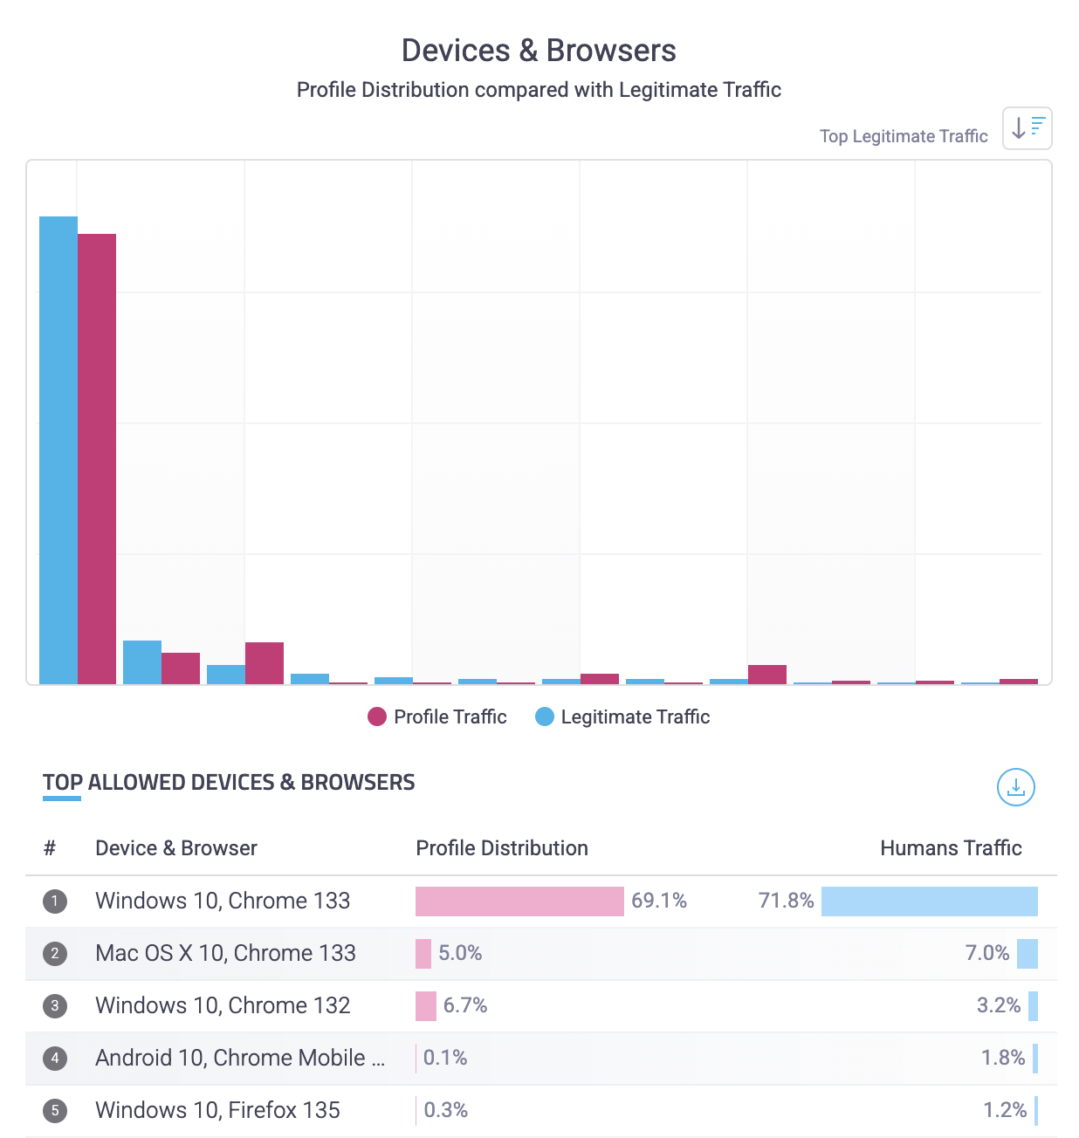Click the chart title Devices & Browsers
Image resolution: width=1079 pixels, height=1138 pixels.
pyautogui.click(x=539, y=51)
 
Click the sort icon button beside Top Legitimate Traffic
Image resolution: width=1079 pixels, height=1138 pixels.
pyautogui.click(x=1027, y=128)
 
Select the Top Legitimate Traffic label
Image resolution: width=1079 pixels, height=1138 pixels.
pyautogui.click(x=904, y=136)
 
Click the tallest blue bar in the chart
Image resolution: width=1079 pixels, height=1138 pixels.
pyautogui.click(x=58, y=449)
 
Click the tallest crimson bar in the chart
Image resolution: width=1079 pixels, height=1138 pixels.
pyautogui.click(x=97, y=458)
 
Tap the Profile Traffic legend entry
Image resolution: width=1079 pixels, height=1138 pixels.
pyautogui.click(x=437, y=716)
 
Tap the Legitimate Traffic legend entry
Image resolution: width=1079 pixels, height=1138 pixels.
pyautogui.click(x=622, y=716)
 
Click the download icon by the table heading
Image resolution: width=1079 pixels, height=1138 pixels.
pyautogui.click(x=1015, y=787)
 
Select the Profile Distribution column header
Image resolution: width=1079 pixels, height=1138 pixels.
pyautogui.click(x=502, y=848)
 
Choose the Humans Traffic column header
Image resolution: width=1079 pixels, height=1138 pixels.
pyautogui.click(x=951, y=848)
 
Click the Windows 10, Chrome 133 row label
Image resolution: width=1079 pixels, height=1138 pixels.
pyautogui.click(x=223, y=901)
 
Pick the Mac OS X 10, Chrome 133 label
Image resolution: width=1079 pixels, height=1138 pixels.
pyautogui.click(x=225, y=953)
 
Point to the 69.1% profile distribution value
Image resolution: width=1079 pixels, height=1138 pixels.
pyautogui.click(x=659, y=901)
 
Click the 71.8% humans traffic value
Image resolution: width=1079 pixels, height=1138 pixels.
pyautogui.click(x=786, y=901)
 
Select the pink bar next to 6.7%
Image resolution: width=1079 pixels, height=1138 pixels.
pyautogui.click(x=426, y=1005)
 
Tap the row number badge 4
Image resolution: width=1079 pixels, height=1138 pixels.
pyautogui.click(x=55, y=1059)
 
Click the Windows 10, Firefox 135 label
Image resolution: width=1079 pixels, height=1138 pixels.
pyautogui.click(x=217, y=1110)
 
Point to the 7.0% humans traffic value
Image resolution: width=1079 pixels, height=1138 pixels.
pyautogui.click(x=986, y=953)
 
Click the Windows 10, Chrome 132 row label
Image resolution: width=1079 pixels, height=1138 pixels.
pyautogui.click(x=223, y=1005)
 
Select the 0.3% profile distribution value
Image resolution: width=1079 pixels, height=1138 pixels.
pyautogui.click(x=446, y=1110)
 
